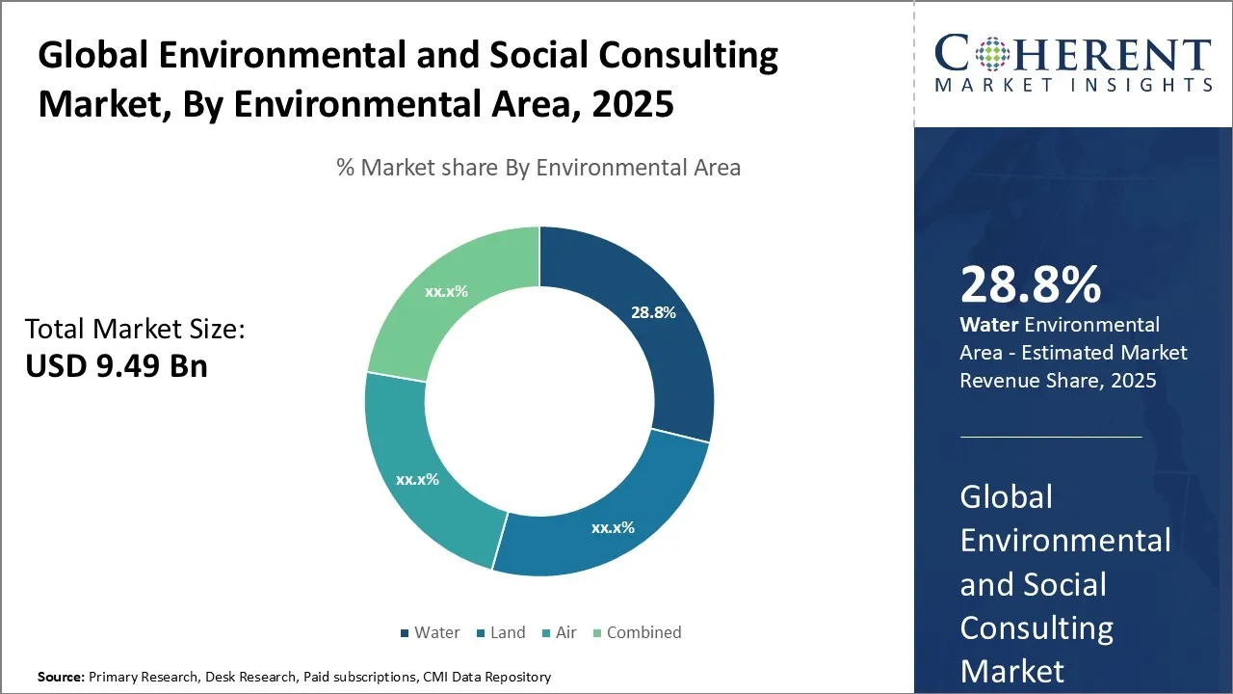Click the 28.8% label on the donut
coord(653,312)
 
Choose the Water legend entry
coord(430,632)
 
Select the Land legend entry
coord(500,632)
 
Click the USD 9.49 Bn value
coord(117,365)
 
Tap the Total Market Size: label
coord(135,330)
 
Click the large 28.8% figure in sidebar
coord(1031,284)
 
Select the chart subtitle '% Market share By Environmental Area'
coord(538,168)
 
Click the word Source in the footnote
coord(61,677)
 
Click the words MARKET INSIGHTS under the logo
coord(1073,85)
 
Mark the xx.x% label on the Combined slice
coord(446,291)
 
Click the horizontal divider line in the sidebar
coord(1051,437)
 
